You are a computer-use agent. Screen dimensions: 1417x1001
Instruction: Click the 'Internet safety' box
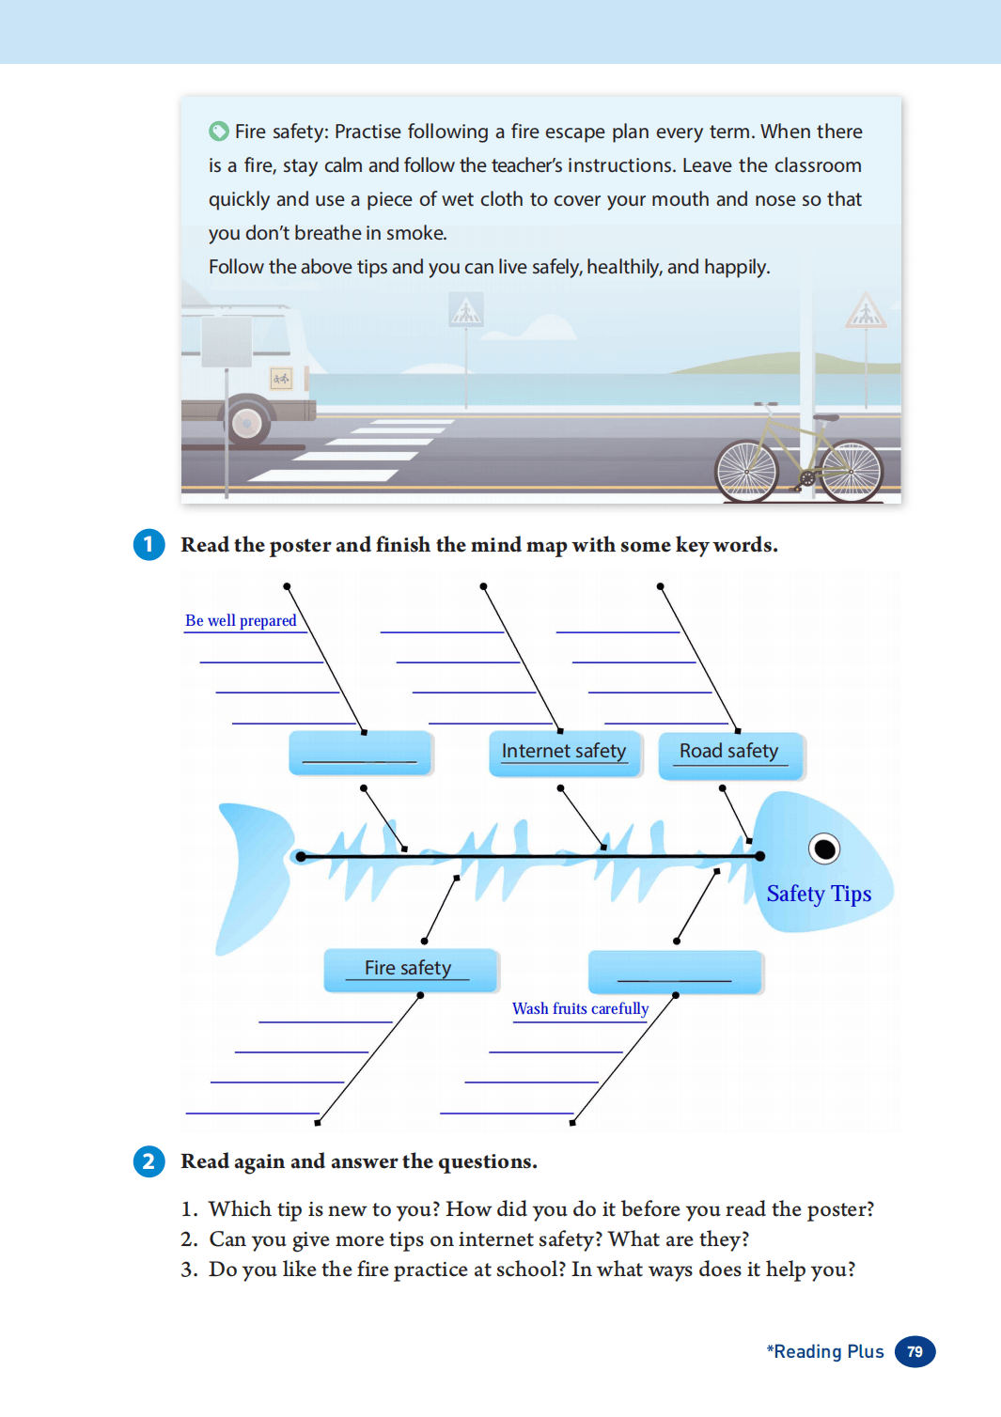[564, 752]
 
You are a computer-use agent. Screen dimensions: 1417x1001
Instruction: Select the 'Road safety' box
[729, 753]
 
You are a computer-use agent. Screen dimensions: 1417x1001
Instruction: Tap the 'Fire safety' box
[409, 969]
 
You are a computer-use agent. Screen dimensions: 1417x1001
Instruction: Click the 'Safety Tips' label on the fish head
[819, 894]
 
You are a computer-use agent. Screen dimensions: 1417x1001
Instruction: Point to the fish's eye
[824, 849]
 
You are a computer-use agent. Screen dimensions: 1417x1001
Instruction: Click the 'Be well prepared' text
[241, 620]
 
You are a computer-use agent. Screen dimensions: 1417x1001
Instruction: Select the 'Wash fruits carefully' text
[580, 1008]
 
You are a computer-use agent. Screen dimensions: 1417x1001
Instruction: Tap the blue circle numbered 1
[149, 545]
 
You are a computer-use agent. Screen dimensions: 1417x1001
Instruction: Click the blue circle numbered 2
[149, 1161]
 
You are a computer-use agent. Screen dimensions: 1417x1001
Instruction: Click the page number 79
[915, 1351]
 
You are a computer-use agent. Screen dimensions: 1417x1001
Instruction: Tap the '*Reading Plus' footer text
[825, 1351]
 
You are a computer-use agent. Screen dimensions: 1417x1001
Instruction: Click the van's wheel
[247, 423]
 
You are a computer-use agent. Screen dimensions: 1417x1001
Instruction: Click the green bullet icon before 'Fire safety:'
[219, 131]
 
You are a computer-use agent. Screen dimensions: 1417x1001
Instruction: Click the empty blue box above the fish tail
[359, 753]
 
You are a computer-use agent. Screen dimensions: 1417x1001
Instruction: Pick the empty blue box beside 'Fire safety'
[674, 972]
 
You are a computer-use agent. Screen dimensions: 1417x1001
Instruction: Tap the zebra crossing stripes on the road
[357, 451]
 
